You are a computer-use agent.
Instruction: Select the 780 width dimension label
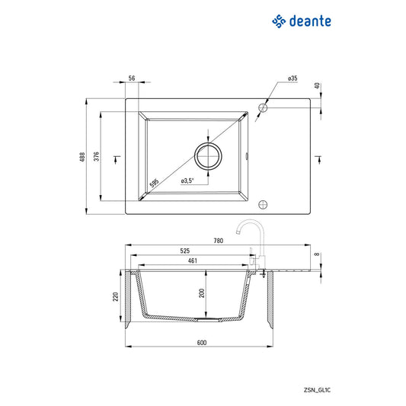pyautogui.click(x=218, y=241)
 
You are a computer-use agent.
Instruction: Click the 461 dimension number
pyautogui.click(x=193, y=261)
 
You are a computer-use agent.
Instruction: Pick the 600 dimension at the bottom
pyautogui.click(x=202, y=343)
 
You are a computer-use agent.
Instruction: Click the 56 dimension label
pyautogui.click(x=132, y=78)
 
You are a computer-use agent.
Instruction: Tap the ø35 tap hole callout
pyautogui.click(x=292, y=78)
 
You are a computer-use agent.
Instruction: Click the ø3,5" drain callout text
pyautogui.click(x=187, y=181)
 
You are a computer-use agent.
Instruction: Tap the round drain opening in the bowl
pyautogui.click(x=208, y=155)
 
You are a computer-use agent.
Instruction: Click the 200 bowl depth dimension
pyautogui.click(x=201, y=293)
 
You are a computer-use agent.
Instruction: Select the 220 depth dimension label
pyautogui.click(x=117, y=297)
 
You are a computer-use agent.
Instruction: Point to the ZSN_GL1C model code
pyautogui.click(x=316, y=368)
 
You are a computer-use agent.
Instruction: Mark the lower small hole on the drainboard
pyautogui.click(x=264, y=204)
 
